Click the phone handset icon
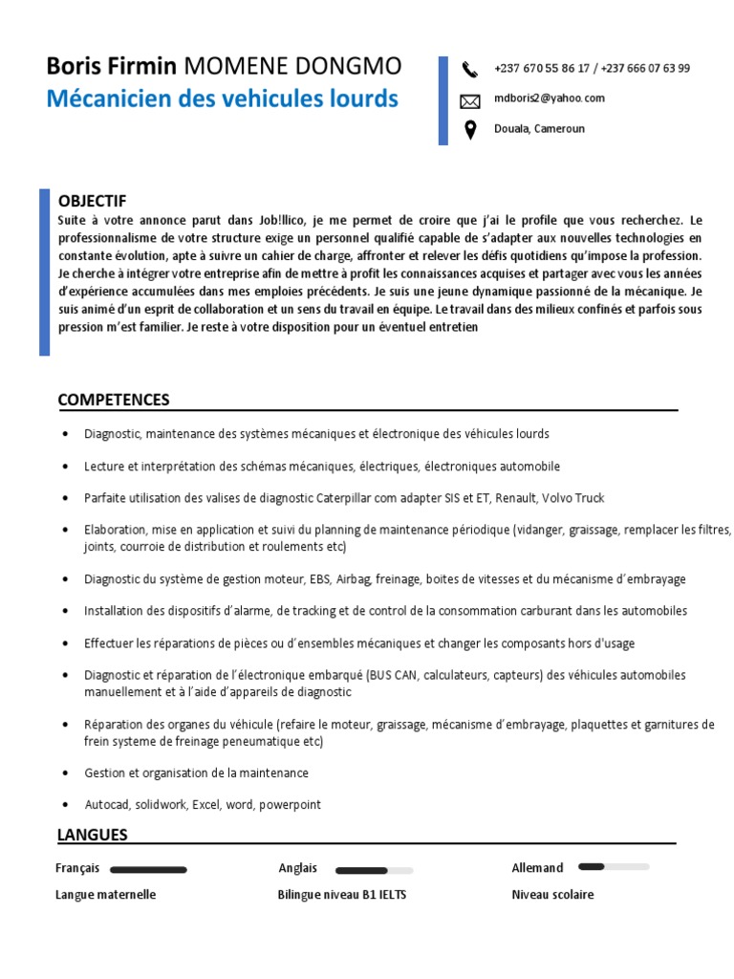coord(469,69)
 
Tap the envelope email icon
coord(469,100)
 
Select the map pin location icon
coord(469,130)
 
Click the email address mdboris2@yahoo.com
coord(549,98)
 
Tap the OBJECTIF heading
coord(92,201)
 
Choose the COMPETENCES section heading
coord(113,400)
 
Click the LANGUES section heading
coord(92,835)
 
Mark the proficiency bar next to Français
coord(148,870)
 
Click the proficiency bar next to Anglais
coord(374,871)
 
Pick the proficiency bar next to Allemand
coord(614,867)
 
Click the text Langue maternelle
coord(105,895)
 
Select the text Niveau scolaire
coord(552,895)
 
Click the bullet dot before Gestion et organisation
coord(64,772)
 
